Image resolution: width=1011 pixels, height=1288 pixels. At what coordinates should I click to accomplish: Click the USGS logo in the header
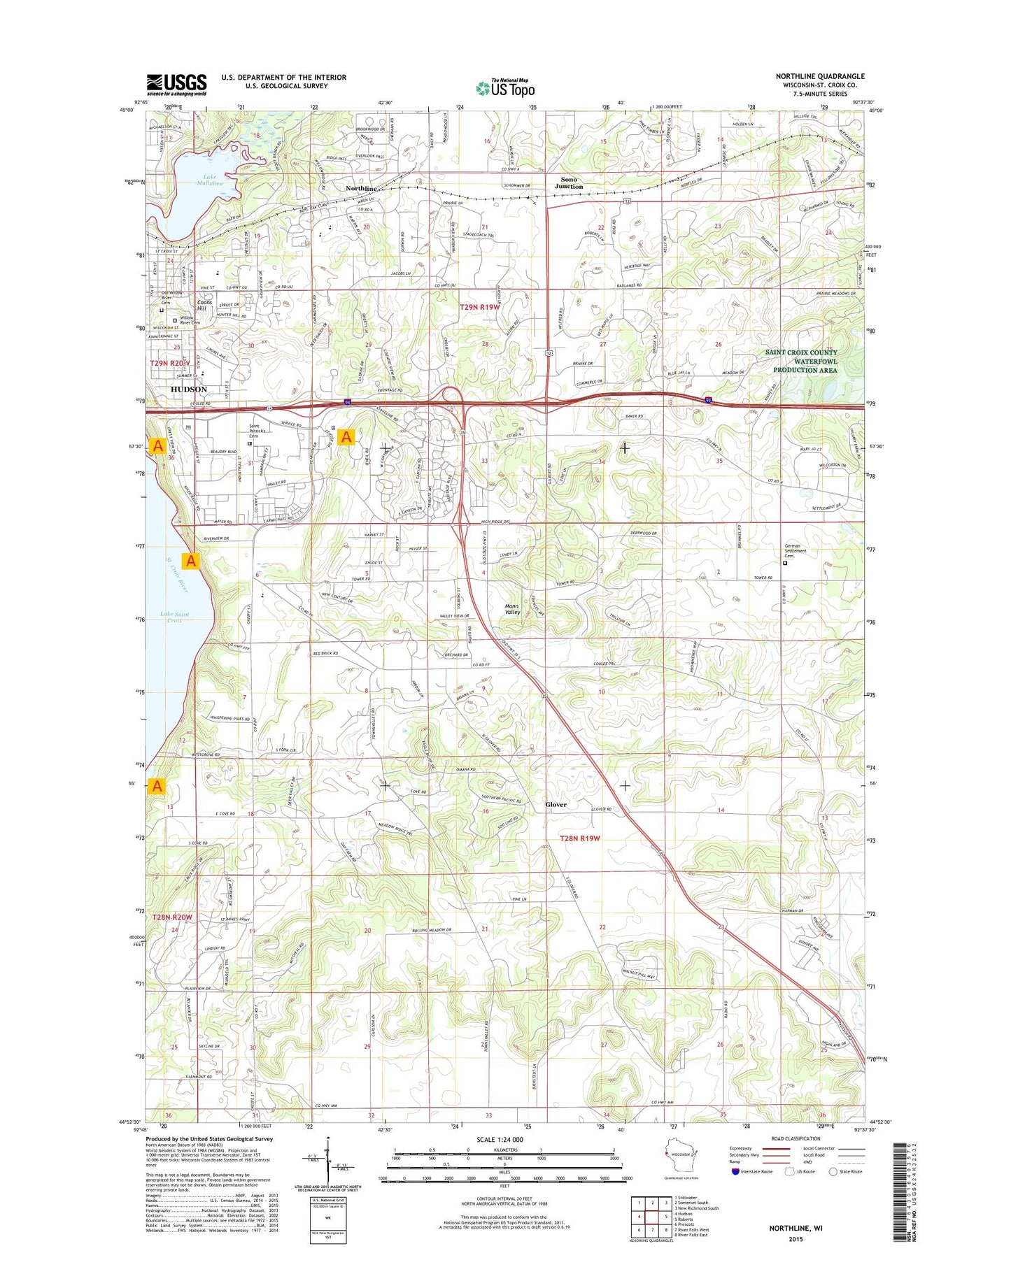176,84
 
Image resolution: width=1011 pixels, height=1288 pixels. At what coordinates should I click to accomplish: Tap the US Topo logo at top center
505,87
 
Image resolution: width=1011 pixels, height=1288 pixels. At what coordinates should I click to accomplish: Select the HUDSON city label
189,389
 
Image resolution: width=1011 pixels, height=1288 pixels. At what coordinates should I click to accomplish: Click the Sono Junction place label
569,183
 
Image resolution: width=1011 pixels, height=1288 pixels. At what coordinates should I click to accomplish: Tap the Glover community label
556,805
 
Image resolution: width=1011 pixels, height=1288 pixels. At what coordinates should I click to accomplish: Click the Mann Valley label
512,609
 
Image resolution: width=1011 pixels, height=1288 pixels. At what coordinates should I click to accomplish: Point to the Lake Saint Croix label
175,617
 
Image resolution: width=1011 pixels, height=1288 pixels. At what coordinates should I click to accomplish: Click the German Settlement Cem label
796,550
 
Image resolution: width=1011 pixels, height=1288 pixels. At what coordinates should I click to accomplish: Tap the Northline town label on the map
362,189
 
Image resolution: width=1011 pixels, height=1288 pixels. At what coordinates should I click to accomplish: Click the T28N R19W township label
579,838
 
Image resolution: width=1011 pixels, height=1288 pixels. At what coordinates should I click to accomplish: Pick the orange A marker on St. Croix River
191,561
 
